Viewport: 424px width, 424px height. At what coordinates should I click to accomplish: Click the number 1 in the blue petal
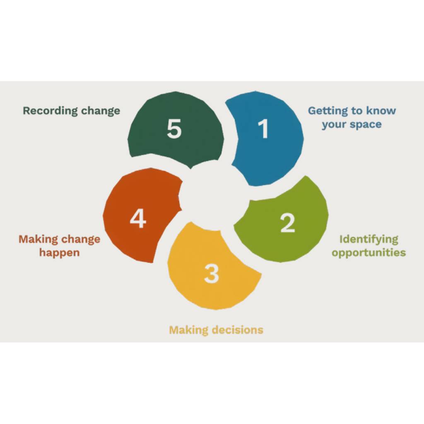coord(263,129)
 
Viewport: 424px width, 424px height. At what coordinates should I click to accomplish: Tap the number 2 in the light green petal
coord(288,223)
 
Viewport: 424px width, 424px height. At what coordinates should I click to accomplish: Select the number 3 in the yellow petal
coord(211,274)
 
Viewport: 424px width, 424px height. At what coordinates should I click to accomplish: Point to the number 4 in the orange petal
coord(138,219)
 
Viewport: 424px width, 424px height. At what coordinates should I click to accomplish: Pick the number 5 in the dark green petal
coord(174,129)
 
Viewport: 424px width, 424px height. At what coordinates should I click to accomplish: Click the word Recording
coord(50,111)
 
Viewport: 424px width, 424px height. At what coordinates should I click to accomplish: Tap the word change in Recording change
coord(101,111)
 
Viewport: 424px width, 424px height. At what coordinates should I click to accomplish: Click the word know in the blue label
coord(381,111)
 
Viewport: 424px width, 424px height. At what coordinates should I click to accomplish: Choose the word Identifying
coord(369,240)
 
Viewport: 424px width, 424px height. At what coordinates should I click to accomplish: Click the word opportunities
coord(369,253)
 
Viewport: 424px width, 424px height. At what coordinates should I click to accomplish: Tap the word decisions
coord(237,330)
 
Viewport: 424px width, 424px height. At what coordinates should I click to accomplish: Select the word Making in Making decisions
coord(189,330)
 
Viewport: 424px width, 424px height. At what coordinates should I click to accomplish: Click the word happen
coord(60,253)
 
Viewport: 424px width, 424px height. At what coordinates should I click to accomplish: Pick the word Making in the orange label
coord(38,240)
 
